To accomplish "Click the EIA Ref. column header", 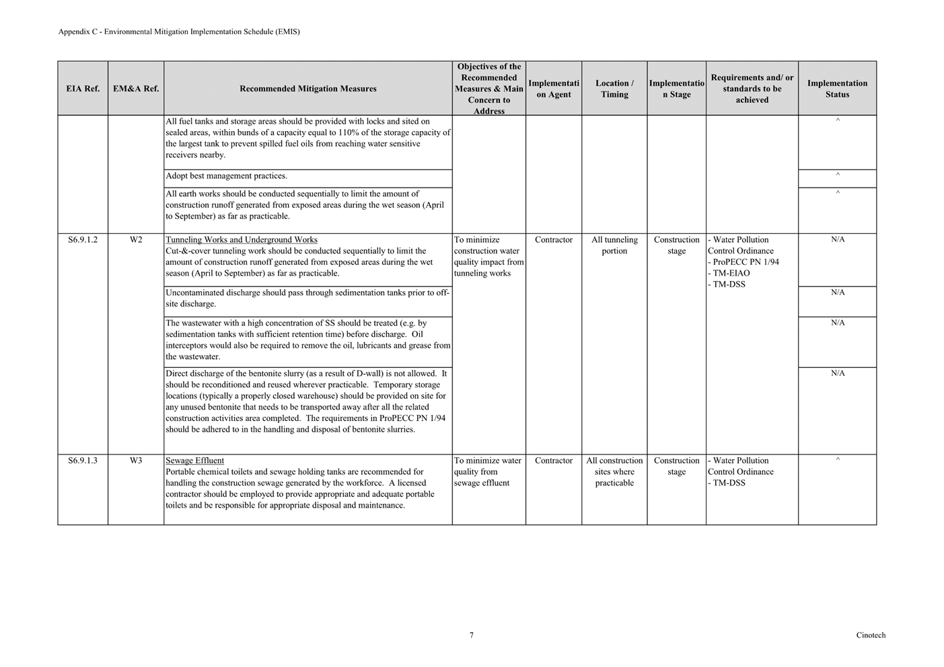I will [x=83, y=89].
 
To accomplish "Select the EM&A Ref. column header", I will [x=136, y=89].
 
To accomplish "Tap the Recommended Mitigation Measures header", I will [x=307, y=89].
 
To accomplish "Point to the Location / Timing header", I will [x=614, y=89].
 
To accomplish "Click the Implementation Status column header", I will [x=837, y=89].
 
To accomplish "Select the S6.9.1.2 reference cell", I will [x=83, y=240].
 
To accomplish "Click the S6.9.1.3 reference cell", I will [x=83, y=461].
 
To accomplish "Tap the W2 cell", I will [x=136, y=240].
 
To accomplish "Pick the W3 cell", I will [x=136, y=461].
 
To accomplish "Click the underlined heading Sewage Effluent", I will [x=194, y=461].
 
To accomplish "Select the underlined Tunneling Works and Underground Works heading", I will [x=242, y=240].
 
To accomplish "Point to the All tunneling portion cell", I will [x=614, y=245].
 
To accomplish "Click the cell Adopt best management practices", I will [x=226, y=176].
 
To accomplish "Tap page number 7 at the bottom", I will [x=472, y=635].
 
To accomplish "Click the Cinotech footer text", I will [x=871, y=635].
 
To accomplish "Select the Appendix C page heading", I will [x=179, y=32].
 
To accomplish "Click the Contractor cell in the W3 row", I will [x=554, y=461].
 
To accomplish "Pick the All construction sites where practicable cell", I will [x=614, y=471].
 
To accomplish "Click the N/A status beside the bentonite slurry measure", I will [x=838, y=373].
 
